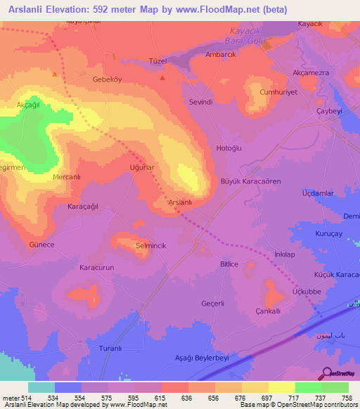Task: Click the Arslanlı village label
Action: [x=181, y=202]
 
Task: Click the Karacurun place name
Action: [x=96, y=268]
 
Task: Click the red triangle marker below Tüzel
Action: [x=163, y=77]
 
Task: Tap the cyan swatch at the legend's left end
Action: [x=41, y=387]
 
